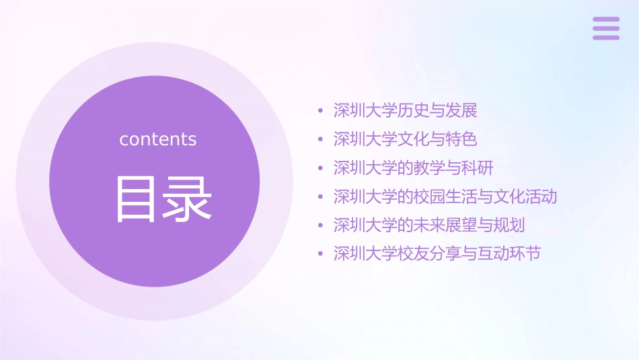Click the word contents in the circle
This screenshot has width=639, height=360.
158,139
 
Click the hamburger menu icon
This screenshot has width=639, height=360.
606,28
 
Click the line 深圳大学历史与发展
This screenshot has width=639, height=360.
405,110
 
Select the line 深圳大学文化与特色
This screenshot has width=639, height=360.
405,139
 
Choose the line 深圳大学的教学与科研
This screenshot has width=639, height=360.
414,168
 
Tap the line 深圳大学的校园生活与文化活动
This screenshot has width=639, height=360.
445,196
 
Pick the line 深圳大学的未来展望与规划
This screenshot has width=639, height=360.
429,225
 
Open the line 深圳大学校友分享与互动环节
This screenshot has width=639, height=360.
437,254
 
